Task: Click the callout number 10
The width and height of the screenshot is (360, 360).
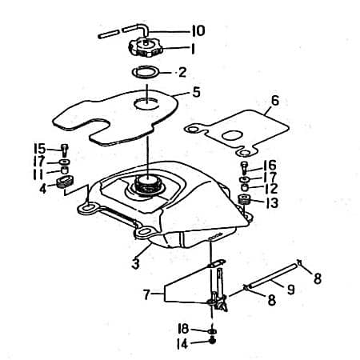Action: coord(198,30)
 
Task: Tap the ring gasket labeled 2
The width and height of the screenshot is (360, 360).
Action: coord(146,74)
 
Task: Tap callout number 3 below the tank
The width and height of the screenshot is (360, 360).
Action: coord(137,262)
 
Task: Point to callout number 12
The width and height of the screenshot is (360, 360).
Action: coord(272,189)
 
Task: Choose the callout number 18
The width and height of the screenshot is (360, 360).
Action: coord(183,329)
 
